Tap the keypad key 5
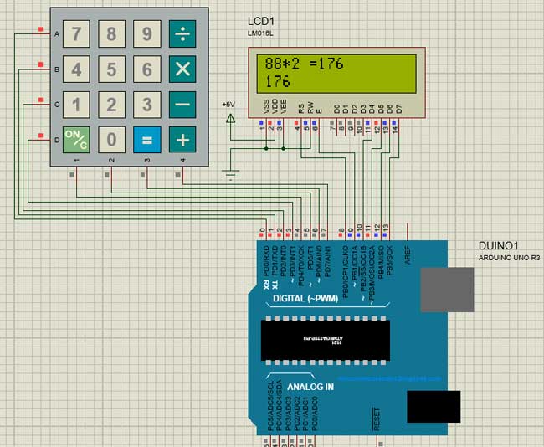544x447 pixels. click(x=111, y=69)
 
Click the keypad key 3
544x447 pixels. click(x=147, y=104)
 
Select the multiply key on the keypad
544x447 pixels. click(x=182, y=69)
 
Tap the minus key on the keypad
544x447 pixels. click(x=182, y=104)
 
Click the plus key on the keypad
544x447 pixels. click(x=182, y=138)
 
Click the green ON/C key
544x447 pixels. click(x=76, y=138)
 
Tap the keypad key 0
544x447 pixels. click(x=111, y=138)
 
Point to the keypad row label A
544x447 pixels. click(x=57, y=33)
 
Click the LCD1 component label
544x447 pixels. click(x=261, y=20)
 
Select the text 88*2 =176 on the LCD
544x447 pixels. click(x=304, y=64)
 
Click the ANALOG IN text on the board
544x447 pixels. click(x=310, y=388)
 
